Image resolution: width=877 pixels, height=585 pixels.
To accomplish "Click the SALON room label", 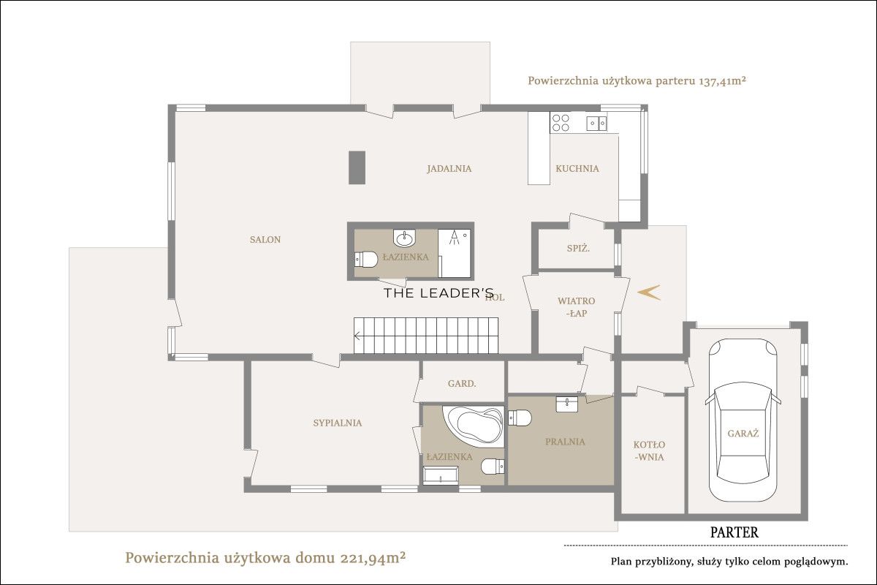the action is click(265, 239).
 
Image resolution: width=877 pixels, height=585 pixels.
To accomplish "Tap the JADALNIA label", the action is click(449, 168).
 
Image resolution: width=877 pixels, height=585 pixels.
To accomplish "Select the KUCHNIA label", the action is click(577, 168).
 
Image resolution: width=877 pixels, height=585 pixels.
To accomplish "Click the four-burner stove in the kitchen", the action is click(561, 123).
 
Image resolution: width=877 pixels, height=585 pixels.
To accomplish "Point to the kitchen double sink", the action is click(596, 124).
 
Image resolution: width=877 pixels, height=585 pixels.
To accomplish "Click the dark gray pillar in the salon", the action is click(357, 167).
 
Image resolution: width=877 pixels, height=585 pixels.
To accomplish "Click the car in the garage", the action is click(743, 420).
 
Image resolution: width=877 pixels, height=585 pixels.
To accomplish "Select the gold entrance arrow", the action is click(649, 292).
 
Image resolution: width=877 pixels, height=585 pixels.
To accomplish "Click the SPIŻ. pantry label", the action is click(578, 249).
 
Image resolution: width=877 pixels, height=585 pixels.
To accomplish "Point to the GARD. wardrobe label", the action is click(462, 384).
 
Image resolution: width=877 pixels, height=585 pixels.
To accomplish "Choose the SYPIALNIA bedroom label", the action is click(338, 423).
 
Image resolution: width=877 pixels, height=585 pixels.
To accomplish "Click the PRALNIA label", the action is click(565, 442).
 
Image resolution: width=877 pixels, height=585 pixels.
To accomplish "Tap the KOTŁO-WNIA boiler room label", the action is click(649, 451).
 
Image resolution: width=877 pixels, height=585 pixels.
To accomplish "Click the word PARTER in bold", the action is click(734, 532).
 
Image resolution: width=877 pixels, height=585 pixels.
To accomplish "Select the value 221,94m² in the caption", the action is click(373, 557).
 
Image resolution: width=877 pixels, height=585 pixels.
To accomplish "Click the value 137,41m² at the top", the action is click(722, 81).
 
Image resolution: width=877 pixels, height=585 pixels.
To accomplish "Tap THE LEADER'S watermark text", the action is click(439, 293).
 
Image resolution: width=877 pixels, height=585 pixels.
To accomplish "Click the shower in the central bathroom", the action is click(455, 253).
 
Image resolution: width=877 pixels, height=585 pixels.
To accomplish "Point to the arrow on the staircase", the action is click(357, 336).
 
